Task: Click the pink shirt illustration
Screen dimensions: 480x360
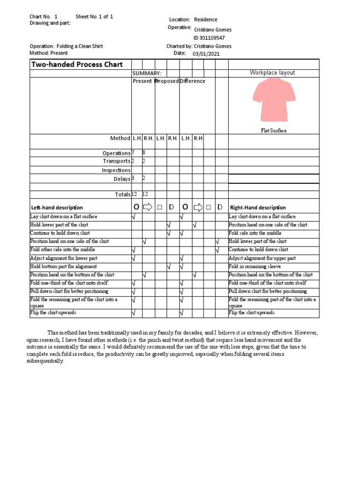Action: pyautogui.click(x=274, y=97)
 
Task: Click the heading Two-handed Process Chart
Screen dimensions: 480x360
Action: pyautogui.click(x=77, y=65)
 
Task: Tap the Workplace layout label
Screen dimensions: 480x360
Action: pyautogui.click(x=272, y=73)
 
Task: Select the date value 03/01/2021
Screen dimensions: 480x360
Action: pyautogui.click(x=206, y=54)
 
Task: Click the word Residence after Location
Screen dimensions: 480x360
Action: pyautogui.click(x=206, y=20)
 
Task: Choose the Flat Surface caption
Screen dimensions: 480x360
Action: pyautogui.click(x=274, y=131)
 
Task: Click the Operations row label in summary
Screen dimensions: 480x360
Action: pyautogui.click(x=116, y=153)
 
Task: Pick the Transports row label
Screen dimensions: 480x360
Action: pyautogui.click(x=117, y=161)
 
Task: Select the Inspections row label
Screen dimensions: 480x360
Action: pyautogui.click(x=116, y=170)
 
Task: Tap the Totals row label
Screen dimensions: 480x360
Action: pyautogui.click(x=122, y=195)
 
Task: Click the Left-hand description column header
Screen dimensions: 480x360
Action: pyautogui.click(x=57, y=208)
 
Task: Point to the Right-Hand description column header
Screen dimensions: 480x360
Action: pyautogui.click(x=258, y=208)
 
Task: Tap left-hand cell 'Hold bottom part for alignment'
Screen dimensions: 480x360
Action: pyautogui.click(x=63, y=266)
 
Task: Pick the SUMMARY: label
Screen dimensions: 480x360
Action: pyautogui.click(x=147, y=73)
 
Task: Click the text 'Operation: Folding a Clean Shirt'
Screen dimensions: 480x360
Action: pyautogui.click(x=66, y=46)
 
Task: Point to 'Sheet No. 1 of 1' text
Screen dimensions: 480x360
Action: pyautogui.click(x=94, y=16)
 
